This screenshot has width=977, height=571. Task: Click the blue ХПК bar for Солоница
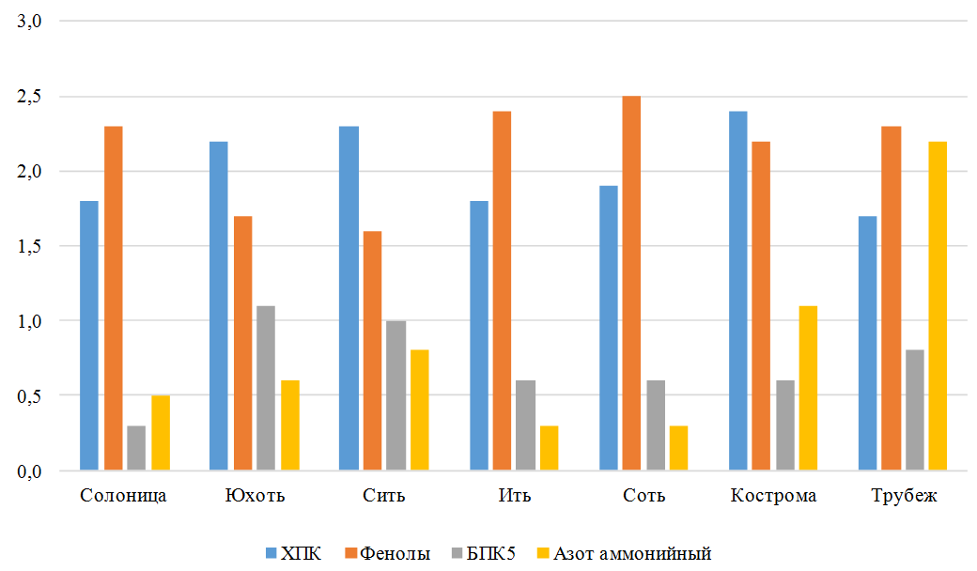(x=89, y=335)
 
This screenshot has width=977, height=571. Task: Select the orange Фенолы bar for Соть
(x=631, y=283)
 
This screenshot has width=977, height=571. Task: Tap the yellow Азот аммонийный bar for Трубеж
(x=938, y=306)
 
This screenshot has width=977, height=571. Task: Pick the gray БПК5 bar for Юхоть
(x=266, y=388)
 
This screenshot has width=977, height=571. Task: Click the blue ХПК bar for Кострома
(x=737, y=290)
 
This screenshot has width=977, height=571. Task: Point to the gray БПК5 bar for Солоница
(x=136, y=448)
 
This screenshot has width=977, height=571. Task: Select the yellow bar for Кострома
(x=808, y=388)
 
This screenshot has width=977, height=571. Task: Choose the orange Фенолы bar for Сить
(x=372, y=350)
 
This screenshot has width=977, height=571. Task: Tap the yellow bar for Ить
(x=549, y=448)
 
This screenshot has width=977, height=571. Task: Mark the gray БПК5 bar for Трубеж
(x=915, y=409)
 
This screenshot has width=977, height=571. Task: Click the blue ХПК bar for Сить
(x=349, y=298)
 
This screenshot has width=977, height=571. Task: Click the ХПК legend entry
(x=293, y=553)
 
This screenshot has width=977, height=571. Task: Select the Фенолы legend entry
(x=388, y=553)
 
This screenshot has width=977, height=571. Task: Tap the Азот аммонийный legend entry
(x=625, y=553)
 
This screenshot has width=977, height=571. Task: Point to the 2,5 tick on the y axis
(x=29, y=97)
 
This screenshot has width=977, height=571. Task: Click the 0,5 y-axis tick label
(x=29, y=396)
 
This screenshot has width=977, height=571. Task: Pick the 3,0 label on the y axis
(x=29, y=22)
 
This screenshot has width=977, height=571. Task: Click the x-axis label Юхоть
(x=255, y=496)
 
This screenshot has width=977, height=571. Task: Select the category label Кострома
(x=773, y=496)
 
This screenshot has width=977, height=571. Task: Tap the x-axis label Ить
(x=515, y=496)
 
